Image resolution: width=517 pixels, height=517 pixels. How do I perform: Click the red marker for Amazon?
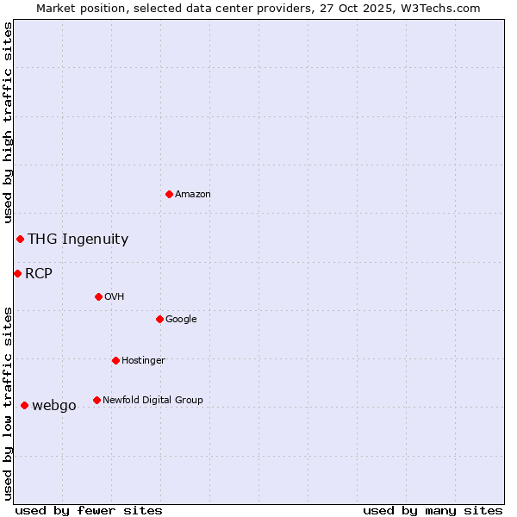[x=169, y=194]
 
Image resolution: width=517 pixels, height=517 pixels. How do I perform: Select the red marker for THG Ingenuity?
[x=20, y=239]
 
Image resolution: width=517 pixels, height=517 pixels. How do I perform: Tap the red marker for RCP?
[x=17, y=273]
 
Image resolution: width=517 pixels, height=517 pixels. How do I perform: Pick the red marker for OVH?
[x=98, y=296]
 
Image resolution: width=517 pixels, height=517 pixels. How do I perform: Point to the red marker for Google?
[x=159, y=319]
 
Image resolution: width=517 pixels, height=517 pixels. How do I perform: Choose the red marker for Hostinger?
[x=115, y=360]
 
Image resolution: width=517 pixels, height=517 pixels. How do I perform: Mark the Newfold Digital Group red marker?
[x=97, y=400]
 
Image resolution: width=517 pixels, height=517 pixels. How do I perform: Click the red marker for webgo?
[x=24, y=405]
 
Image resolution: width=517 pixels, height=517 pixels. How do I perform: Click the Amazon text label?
[x=193, y=195]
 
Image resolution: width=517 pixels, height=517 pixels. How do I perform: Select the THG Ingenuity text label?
[x=78, y=240]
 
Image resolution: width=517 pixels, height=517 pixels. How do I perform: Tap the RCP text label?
[x=39, y=274]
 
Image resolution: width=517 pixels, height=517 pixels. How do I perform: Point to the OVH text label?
[x=115, y=297]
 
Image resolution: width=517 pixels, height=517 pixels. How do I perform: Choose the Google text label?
[x=181, y=320]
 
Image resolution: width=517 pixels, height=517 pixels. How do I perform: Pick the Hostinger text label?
[x=143, y=361]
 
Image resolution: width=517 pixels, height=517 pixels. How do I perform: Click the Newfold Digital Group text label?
[x=153, y=401]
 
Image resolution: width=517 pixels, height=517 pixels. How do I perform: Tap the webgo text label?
[x=54, y=406]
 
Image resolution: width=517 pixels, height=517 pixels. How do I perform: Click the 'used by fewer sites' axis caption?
[x=89, y=510]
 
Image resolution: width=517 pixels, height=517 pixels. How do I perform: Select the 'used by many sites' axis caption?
[x=433, y=510]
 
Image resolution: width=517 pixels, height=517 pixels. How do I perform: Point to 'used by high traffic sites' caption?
[x=8, y=123]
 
